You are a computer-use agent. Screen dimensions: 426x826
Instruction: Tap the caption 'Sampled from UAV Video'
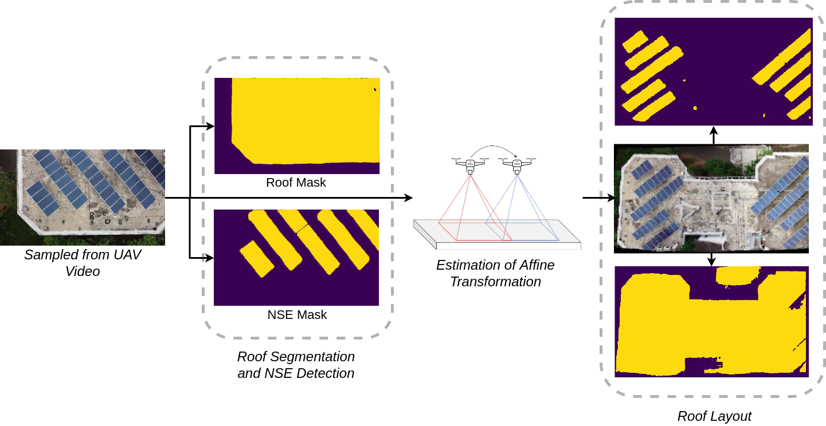(x=83, y=263)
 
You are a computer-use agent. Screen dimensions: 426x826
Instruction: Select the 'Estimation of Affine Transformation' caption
(x=495, y=274)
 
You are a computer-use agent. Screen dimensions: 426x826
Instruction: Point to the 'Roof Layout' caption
(x=714, y=416)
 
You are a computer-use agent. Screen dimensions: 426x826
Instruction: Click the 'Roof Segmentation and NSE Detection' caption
(x=296, y=365)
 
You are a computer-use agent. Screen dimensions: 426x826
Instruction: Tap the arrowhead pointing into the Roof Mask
(x=210, y=126)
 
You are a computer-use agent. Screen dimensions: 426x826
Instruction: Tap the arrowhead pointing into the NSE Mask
(x=210, y=258)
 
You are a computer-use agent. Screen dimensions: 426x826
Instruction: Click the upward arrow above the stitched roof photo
(x=713, y=135)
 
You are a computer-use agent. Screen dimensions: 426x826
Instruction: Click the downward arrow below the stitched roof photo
(x=711, y=260)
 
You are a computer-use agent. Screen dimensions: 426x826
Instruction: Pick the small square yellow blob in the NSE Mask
(x=257, y=258)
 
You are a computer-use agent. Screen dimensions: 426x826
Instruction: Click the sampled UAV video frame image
(x=83, y=197)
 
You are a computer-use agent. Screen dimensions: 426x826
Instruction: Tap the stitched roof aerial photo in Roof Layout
(x=711, y=198)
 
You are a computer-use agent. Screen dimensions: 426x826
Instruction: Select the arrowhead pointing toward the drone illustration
(x=408, y=198)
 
